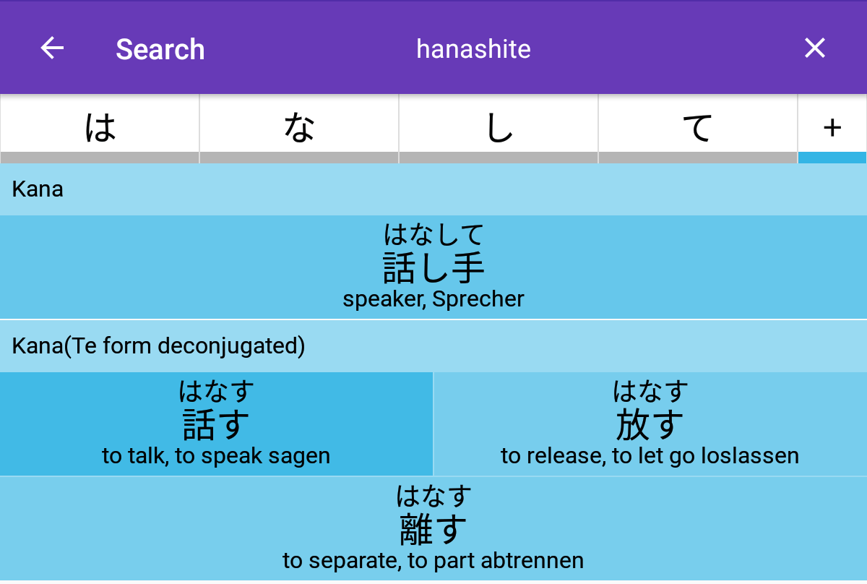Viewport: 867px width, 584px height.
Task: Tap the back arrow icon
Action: point(52,48)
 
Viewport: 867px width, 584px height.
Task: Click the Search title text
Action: point(160,50)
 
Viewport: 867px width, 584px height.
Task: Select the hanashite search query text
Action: point(473,49)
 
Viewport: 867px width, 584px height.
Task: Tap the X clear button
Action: point(815,48)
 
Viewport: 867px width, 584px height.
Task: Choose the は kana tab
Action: point(100,128)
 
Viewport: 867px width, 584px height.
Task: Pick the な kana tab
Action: point(299,128)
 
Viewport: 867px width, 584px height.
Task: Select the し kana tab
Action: point(499,128)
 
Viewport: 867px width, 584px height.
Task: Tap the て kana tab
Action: point(698,128)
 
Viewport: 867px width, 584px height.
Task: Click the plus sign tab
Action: point(832,128)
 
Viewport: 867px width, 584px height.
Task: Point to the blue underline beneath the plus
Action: point(832,158)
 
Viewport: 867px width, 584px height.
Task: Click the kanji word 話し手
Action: point(433,267)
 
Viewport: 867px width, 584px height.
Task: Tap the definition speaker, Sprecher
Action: point(433,299)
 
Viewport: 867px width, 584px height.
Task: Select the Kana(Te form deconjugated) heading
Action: point(158,345)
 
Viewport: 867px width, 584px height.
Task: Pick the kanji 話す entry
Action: point(216,424)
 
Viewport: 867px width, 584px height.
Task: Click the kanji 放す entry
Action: point(650,424)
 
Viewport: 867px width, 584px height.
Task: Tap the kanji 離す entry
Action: point(433,529)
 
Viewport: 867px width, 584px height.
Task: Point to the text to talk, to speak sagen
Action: point(216,456)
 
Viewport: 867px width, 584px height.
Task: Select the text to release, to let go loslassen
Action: point(650,456)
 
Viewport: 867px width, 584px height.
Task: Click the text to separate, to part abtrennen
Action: point(433,560)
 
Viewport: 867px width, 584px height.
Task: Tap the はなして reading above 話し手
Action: point(433,235)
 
